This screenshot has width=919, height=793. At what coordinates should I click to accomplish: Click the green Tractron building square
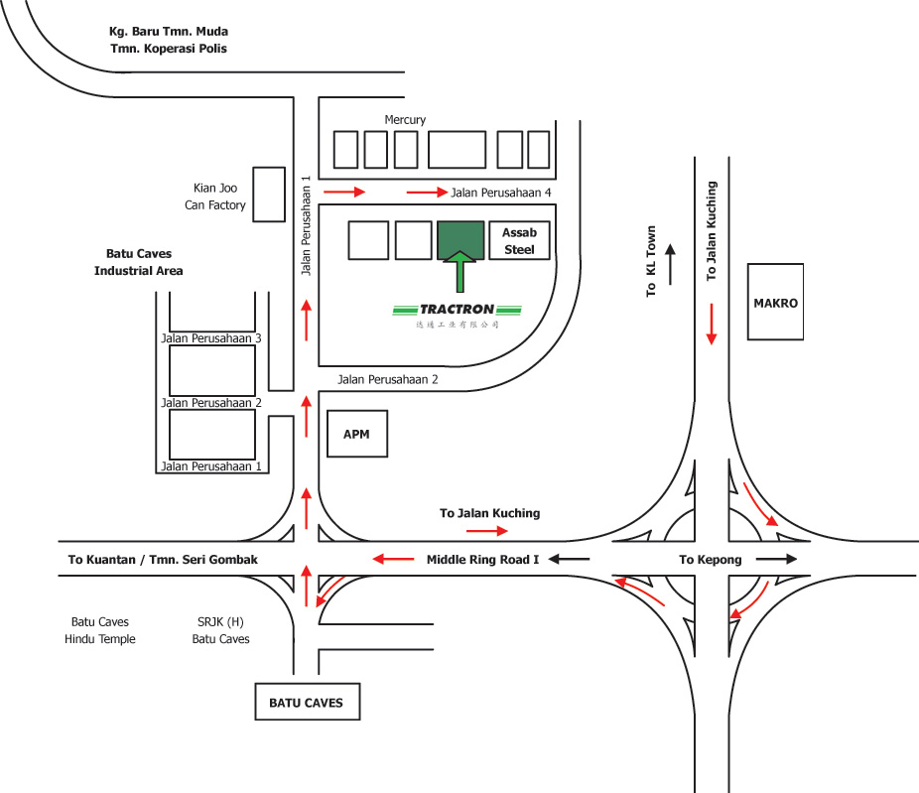tap(460, 240)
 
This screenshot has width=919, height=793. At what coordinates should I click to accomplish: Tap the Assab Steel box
tap(519, 240)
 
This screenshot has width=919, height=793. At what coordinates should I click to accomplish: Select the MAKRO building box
tap(775, 303)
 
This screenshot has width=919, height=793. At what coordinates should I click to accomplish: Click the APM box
tap(356, 434)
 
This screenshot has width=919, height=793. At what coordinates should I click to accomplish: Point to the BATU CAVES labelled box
tap(306, 703)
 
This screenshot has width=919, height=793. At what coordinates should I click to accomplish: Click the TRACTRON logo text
tap(457, 309)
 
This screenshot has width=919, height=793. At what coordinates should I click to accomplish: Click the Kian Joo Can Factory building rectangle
tap(269, 195)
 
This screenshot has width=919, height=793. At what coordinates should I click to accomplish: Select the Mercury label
tap(405, 120)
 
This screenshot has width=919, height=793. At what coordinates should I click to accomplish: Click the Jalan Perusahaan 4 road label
tap(501, 192)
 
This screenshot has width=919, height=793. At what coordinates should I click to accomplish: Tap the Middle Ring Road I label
tap(482, 560)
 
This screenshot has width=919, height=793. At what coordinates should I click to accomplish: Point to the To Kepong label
tap(710, 560)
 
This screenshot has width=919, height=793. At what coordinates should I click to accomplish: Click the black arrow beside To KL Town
tap(670, 264)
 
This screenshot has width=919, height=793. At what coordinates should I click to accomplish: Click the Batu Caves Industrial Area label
tap(139, 263)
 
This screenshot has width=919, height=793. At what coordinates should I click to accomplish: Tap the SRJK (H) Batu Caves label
tap(220, 630)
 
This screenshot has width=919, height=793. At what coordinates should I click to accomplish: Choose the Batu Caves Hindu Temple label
tap(100, 630)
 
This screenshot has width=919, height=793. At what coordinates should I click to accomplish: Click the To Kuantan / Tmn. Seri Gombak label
tap(163, 560)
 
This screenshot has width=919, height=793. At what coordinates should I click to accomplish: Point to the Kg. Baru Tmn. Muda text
tap(169, 32)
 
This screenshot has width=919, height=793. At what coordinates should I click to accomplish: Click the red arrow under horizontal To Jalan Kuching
tap(489, 531)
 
